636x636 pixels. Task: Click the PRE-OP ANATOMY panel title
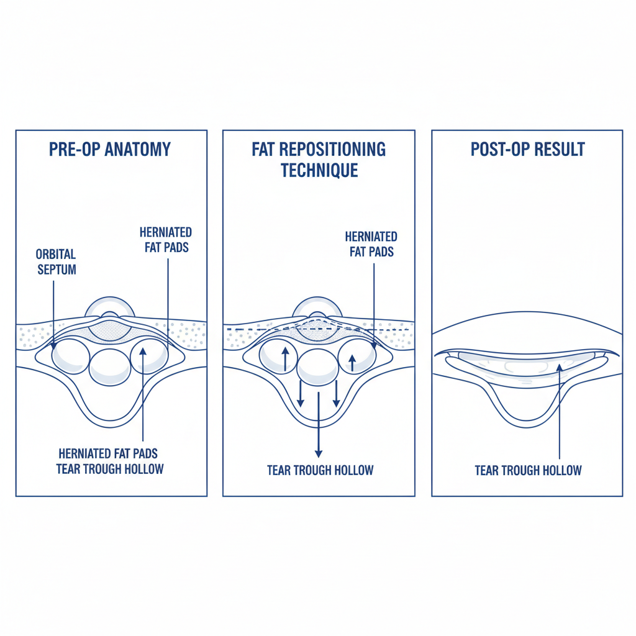[x=109, y=150]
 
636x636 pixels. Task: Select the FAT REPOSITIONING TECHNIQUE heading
[x=319, y=160]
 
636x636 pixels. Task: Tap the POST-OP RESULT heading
[x=527, y=150]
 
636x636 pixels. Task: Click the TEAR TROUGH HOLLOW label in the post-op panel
[x=528, y=470]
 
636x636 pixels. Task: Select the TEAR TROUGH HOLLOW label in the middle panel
[x=320, y=470]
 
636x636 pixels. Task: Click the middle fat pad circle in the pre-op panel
[x=110, y=367]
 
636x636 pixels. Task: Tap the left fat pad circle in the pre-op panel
[x=70, y=356]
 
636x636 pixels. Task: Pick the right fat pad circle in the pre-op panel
[x=149, y=355]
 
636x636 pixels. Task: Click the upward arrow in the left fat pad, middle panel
[x=285, y=359]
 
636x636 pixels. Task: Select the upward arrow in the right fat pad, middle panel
[x=352, y=363]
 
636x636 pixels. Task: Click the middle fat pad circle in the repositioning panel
[x=317, y=367]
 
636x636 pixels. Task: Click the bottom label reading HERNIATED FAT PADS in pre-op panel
[x=109, y=453]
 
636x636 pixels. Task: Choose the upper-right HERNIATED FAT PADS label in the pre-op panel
[x=165, y=240]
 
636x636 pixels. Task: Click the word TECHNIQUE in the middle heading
[x=319, y=170]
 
